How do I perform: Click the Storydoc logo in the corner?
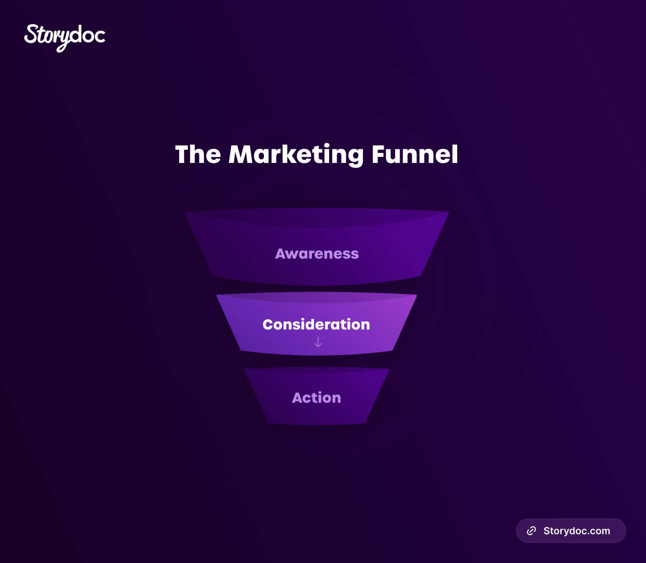65,38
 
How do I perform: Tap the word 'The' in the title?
198,154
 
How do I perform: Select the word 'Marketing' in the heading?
296,155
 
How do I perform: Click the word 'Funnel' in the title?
414,154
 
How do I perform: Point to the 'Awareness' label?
317,254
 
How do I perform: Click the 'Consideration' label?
316,324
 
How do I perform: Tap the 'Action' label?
316,398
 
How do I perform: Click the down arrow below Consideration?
318,342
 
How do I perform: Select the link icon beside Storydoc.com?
531,531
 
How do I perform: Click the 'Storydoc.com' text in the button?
576,531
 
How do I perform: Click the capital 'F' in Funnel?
379,154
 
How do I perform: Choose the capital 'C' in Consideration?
268,324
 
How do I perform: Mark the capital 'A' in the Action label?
298,398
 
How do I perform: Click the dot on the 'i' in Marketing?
327,145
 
